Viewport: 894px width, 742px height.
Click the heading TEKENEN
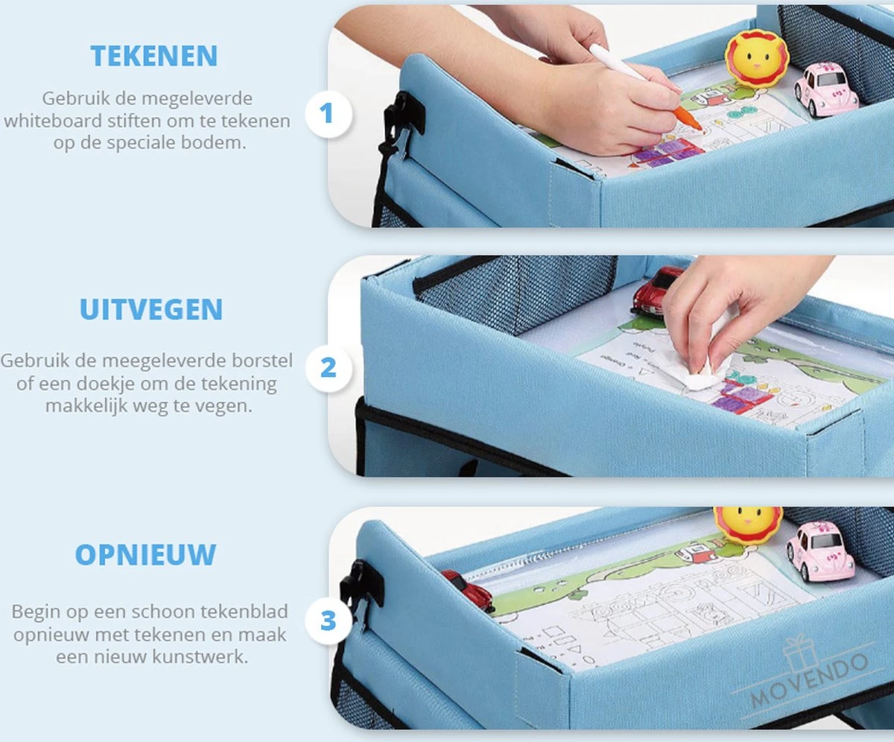(x=154, y=56)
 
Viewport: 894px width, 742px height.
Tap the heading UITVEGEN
(x=151, y=310)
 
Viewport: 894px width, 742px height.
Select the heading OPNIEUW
(x=145, y=555)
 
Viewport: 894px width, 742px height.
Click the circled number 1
(x=326, y=114)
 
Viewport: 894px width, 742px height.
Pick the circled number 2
(x=328, y=367)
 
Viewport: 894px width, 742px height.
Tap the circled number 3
(x=328, y=621)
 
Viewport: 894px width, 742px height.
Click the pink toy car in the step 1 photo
(x=825, y=89)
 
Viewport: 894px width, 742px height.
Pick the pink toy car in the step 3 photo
(x=819, y=551)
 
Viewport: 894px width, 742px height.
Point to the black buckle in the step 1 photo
(x=402, y=114)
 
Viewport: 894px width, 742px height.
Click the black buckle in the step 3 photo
(x=362, y=583)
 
